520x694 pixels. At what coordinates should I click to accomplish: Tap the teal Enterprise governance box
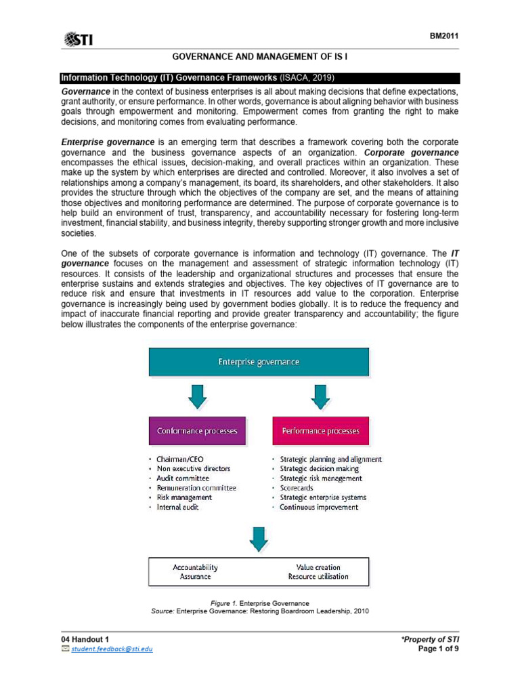pyautogui.click(x=259, y=362)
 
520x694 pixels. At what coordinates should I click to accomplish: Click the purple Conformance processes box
pyautogui.click(x=197, y=431)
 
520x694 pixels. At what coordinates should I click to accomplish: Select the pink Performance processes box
pyautogui.click(x=321, y=431)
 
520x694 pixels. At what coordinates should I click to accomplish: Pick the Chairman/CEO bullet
pyautogui.click(x=180, y=459)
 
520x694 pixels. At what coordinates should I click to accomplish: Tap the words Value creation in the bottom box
pyautogui.click(x=318, y=567)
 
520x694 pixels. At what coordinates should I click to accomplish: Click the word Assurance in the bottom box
pyautogui.click(x=195, y=577)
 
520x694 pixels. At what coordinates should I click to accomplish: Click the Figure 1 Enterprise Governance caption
pyautogui.click(x=260, y=603)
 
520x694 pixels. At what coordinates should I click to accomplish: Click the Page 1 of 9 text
pyautogui.click(x=439, y=649)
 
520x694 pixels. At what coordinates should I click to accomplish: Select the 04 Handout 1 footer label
pyautogui.click(x=85, y=639)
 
